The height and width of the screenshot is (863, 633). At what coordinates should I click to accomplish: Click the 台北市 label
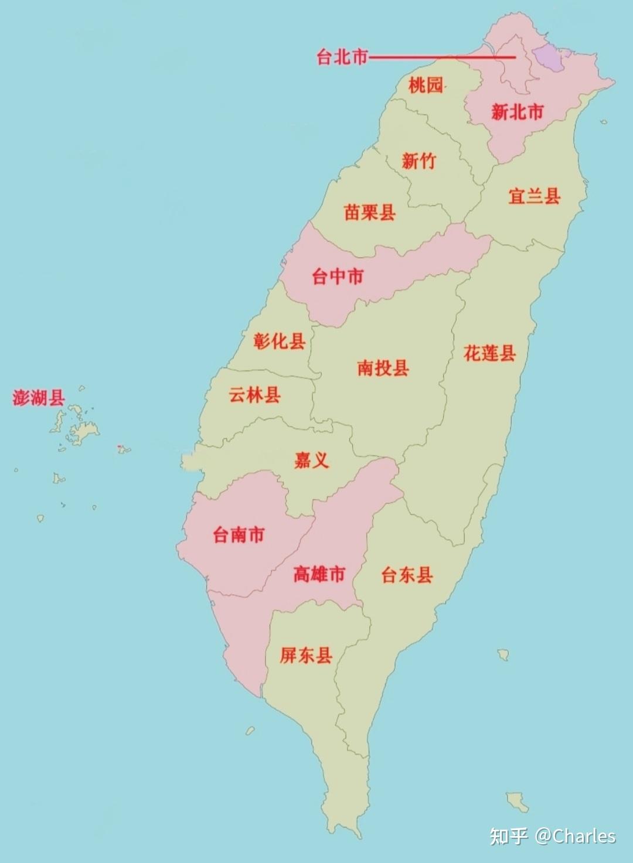[342, 57]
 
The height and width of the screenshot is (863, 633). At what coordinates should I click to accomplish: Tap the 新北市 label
[517, 111]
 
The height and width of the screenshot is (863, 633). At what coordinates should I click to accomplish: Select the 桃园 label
[426, 85]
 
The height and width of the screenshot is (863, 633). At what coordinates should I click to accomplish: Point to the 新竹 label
[418, 161]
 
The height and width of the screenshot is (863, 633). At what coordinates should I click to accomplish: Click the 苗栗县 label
[369, 212]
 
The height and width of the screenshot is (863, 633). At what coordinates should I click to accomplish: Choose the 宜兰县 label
[534, 196]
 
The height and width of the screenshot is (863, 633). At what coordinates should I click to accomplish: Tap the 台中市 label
[338, 276]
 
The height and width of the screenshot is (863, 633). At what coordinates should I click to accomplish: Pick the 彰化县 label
[279, 340]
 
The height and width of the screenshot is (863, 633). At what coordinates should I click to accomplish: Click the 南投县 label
[383, 368]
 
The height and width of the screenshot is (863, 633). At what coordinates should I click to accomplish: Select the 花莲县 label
[489, 353]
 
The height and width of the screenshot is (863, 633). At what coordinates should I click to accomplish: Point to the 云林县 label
[254, 395]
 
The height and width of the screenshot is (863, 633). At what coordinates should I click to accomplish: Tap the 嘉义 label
[311, 460]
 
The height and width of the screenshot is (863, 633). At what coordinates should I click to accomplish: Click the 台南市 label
[239, 534]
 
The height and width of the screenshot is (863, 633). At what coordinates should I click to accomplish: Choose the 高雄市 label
[319, 574]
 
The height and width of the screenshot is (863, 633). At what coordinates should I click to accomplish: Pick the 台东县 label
[407, 575]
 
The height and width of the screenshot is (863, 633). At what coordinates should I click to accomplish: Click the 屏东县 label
[306, 655]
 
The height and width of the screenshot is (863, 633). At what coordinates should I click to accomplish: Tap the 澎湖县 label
[39, 398]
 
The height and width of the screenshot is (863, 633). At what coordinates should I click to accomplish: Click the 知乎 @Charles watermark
[553, 836]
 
